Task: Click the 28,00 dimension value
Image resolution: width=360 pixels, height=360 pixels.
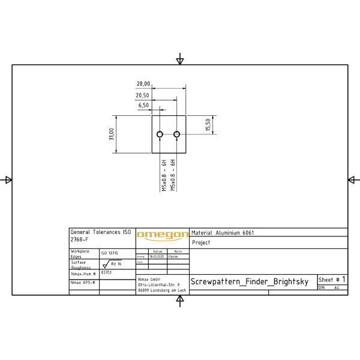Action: (143, 84)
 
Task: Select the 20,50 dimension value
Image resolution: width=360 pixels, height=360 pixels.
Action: (142, 95)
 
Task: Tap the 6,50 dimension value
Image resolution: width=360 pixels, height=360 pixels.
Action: (144, 105)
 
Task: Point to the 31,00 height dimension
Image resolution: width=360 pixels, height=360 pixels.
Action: (111, 134)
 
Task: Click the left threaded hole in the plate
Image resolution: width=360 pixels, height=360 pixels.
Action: (160, 134)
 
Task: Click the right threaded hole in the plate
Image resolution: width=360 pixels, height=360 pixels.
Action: (177, 134)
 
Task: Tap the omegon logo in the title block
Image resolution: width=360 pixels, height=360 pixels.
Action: (162, 235)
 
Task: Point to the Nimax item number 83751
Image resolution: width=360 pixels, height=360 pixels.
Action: (106, 272)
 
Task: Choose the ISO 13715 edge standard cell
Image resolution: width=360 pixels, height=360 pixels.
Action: (109, 253)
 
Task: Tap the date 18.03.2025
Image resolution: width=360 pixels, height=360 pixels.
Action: (157, 256)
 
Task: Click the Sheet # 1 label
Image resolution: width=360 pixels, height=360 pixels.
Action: (332, 280)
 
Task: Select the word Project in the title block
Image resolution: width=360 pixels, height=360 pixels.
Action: (202, 243)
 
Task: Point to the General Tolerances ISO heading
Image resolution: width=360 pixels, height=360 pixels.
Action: (100, 232)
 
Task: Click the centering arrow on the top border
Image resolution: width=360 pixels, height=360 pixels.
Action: (180, 60)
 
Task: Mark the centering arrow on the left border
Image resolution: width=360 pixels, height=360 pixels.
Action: (8, 179)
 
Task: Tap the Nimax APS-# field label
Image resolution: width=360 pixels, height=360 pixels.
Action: (83, 282)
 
